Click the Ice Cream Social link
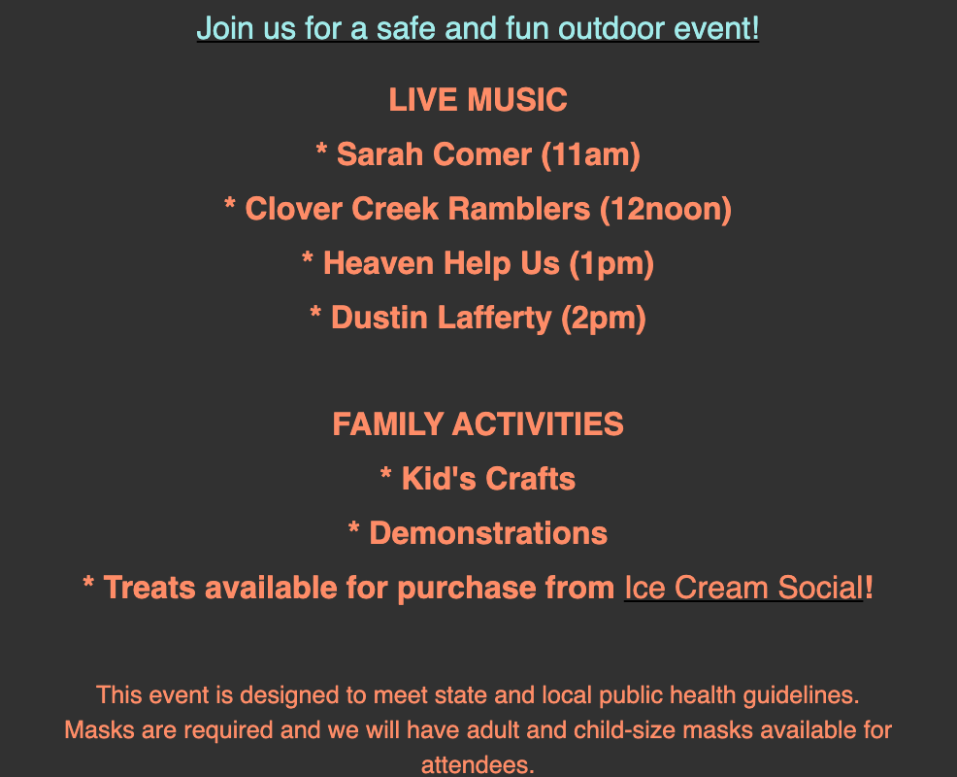tap(743, 588)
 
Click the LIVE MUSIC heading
tap(478, 100)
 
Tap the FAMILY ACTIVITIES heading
tap(478, 423)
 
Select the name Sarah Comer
tap(434, 153)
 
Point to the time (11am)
tap(590, 154)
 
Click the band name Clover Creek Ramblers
tap(417, 209)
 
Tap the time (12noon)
tap(665, 210)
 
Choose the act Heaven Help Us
tap(442, 263)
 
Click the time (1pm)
tap(611, 264)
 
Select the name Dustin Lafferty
tap(441, 318)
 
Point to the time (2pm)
tap(603, 319)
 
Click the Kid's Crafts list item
tap(478, 478)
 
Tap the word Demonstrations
tap(488, 533)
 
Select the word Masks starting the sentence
tap(99, 730)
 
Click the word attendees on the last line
tap(478, 765)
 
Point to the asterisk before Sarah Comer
tap(321, 149)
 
